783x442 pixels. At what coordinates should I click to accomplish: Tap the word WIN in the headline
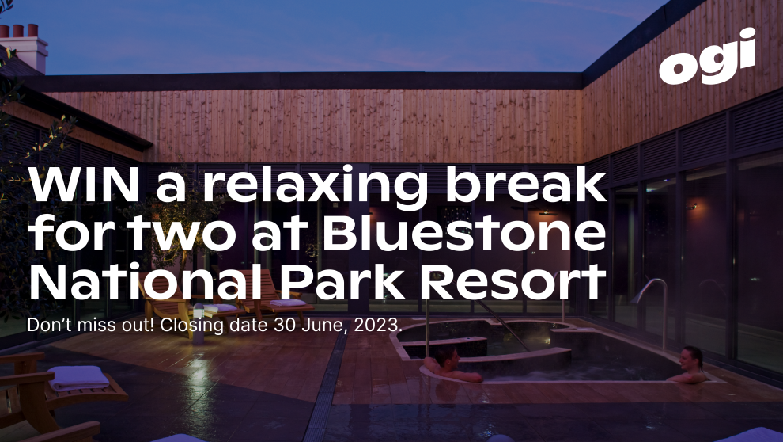pos(84,185)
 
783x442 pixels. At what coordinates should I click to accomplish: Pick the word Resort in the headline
pos(513,283)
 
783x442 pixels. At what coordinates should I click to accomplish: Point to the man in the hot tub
pos(452,365)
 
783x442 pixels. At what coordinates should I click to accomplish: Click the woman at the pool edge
pos(689,365)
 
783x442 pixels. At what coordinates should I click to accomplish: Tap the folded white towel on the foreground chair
pos(79,378)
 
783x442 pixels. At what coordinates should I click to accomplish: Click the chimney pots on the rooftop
pos(20,31)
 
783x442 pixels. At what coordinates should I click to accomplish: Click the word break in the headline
pos(525,185)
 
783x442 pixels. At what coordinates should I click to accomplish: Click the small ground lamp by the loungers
pos(199,323)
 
